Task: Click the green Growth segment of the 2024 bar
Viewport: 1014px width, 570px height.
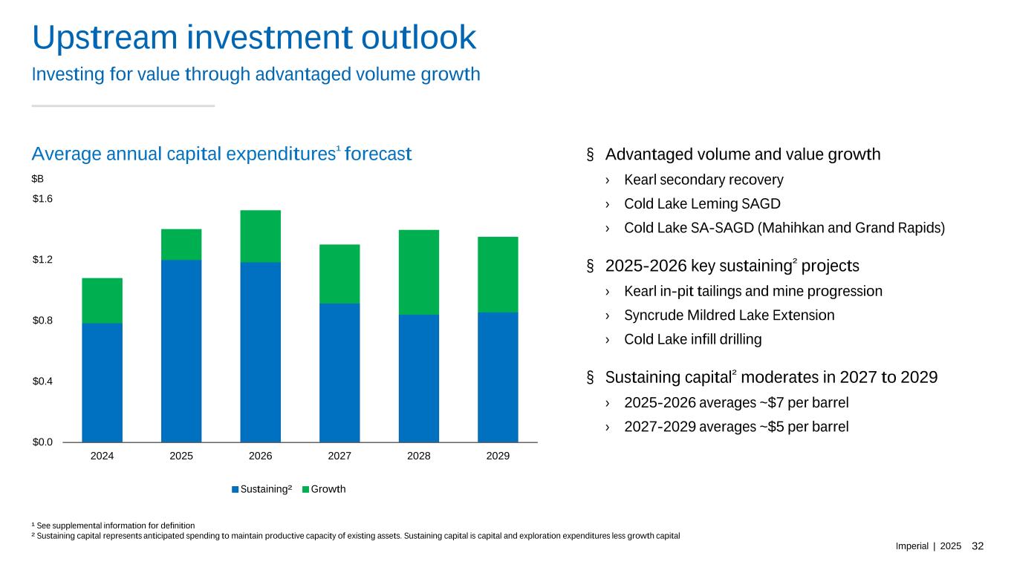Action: (x=102, y=301)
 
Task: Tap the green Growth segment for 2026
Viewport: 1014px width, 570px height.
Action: (x=260, y=236)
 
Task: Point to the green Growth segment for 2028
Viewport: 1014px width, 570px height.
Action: (x=418, y=272)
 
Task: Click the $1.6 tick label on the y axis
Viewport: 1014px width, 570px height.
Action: (x=44, y=199)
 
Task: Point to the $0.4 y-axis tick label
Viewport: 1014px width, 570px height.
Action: (x=44, y=381)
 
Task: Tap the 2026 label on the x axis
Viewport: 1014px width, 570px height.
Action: (x=260, y=456)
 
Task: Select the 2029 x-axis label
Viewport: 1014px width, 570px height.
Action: (x=498, y=456)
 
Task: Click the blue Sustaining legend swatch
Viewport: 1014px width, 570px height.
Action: (x=235, y=490)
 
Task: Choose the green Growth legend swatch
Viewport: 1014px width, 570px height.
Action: (x=305, y=490)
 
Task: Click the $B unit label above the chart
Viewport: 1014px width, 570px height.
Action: (x=38, y=179)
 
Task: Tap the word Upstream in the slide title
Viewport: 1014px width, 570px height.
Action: (x=105, y=39)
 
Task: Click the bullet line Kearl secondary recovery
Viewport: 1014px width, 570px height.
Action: (x=703, y=180)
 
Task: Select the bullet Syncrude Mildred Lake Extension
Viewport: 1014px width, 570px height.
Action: (x=729, y=315)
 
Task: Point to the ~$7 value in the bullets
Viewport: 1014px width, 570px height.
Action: (x=766, y=403)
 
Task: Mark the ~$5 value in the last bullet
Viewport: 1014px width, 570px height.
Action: (x=766, y=427)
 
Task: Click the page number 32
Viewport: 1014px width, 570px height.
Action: (x=978, y=546)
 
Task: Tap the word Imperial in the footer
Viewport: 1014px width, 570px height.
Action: (x=912, y=546)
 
